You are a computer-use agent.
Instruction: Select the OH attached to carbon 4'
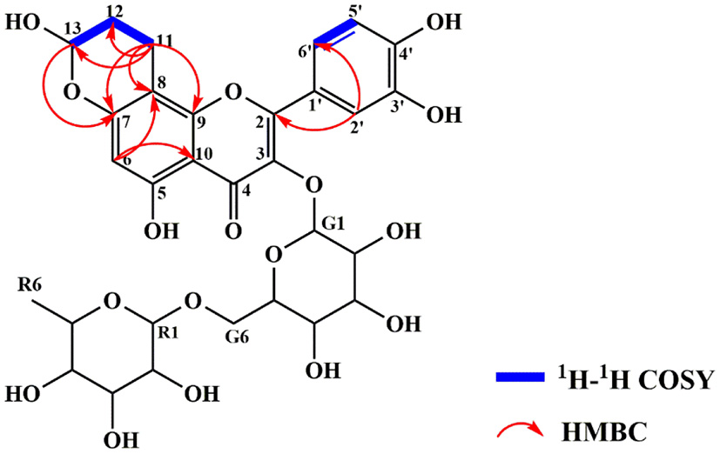coord(444,21)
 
